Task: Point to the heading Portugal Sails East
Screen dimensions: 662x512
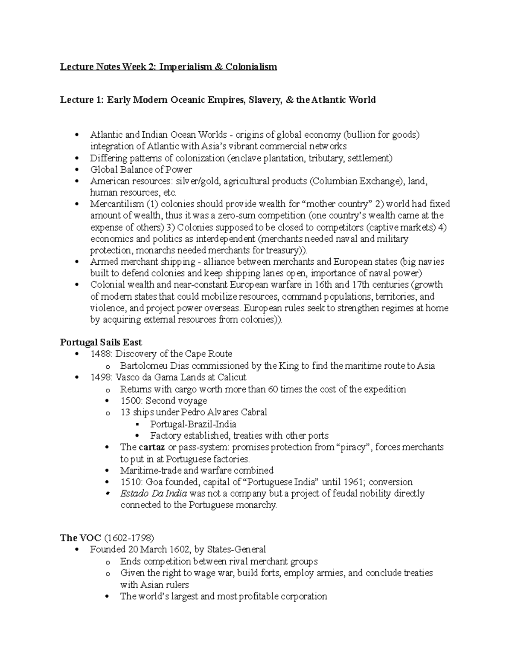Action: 101,342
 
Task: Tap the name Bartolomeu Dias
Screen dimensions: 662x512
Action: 148,366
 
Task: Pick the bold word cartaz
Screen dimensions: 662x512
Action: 152,447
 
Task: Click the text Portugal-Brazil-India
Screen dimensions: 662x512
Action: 193,424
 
